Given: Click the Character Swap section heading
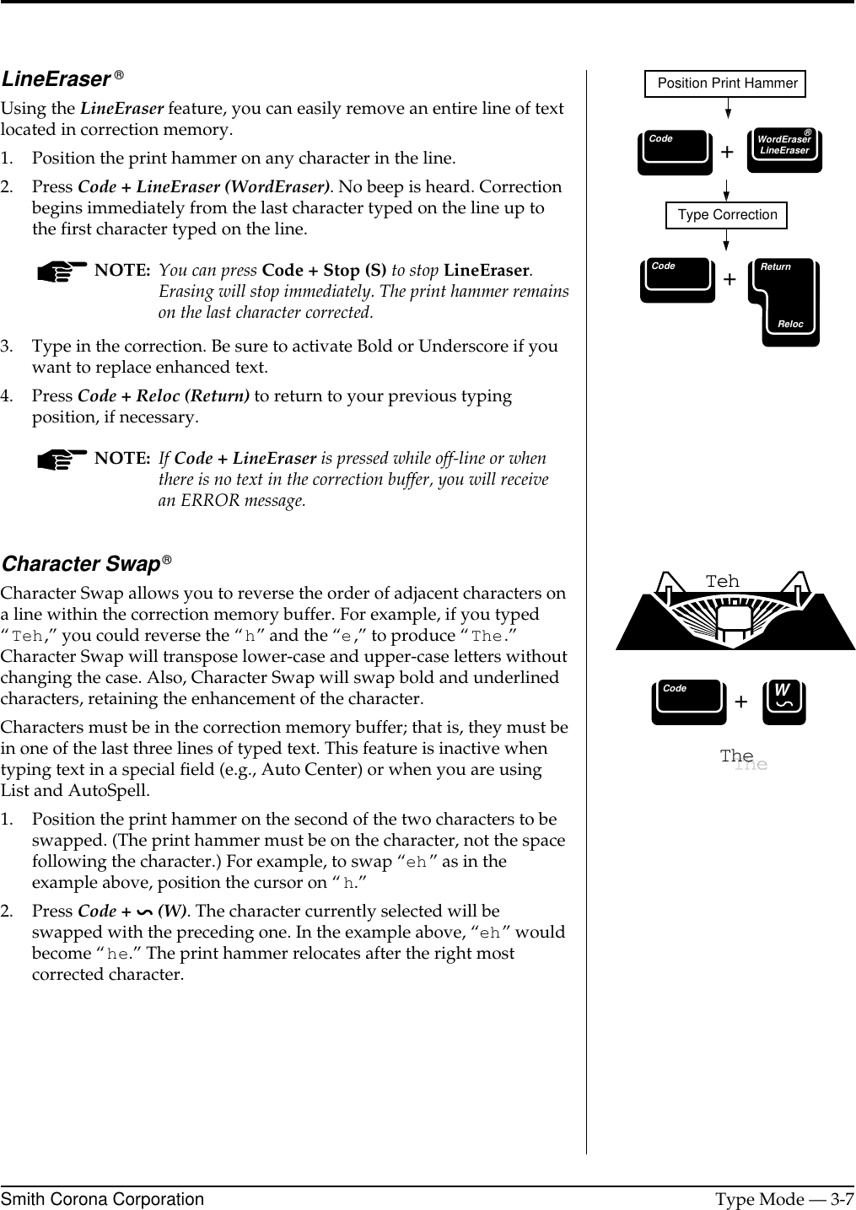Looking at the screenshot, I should [x=82, y=563].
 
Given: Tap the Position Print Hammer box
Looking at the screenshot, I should [x=726, y=83].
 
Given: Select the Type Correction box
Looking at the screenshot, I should [x=727, y=215].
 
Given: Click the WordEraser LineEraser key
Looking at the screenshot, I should [x=784, y=150].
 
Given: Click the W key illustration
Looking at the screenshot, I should [x=783, y=702].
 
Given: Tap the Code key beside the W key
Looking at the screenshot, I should [x=688, y=702].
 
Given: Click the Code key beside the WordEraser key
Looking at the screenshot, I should [x=674, y=152].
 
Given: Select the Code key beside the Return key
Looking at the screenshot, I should [x=677, y=280].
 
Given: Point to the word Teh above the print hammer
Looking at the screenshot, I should [x=722, y=582].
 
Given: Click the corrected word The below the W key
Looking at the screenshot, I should [x=737, y=756].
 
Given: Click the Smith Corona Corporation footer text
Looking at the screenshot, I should [x=102, y=1199].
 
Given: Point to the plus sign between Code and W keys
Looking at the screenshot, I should [x=741, y=702].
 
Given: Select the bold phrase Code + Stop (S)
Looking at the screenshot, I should [x=325, y=271].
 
